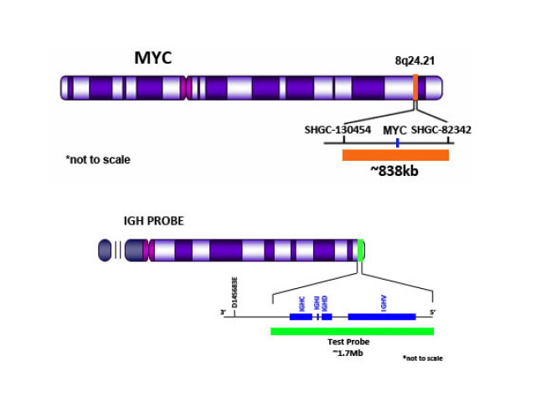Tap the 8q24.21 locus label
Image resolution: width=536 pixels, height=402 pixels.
(417, 61)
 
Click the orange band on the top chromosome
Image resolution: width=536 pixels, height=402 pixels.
(415, 87)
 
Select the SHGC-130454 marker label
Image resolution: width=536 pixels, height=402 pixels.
(338, 130)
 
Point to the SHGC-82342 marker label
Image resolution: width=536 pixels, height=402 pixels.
(441, 130)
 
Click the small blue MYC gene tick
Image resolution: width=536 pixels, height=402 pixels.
(397, 143)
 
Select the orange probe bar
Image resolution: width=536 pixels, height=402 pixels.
(395, 155)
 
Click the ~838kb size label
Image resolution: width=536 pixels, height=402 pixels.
(394, 171)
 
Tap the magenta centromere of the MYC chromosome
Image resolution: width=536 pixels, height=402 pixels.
(184, 87)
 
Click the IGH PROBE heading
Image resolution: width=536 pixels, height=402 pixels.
(153, 221)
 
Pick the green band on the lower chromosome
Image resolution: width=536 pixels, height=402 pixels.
(360, 250)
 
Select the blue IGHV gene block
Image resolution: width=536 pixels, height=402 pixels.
(382, 317)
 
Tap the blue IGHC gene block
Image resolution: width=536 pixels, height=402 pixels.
(300, 317)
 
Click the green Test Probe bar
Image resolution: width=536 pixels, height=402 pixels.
(352, 331)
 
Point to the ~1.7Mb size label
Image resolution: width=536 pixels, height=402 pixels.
(348, 353)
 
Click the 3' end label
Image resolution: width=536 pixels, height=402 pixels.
(223, 313)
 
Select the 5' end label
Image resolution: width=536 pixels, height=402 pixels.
(433, 312)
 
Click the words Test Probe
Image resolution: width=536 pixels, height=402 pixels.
(348, 342)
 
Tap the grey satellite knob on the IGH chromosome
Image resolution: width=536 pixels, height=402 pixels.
(105, 250)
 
